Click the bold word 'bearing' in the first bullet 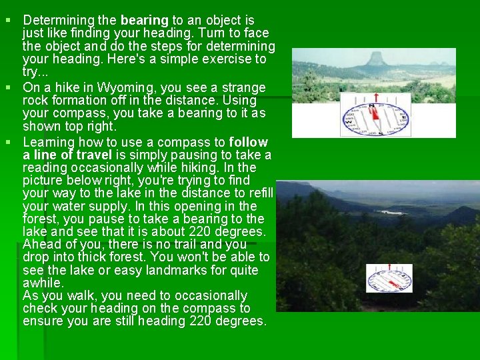[x=145, y=21]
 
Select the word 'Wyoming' [x=123, y=88]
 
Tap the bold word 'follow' [x=248, y=142]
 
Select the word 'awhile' [x=43, y=283]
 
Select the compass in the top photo [x=375, y=115]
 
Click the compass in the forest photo [x=389, y=278]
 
